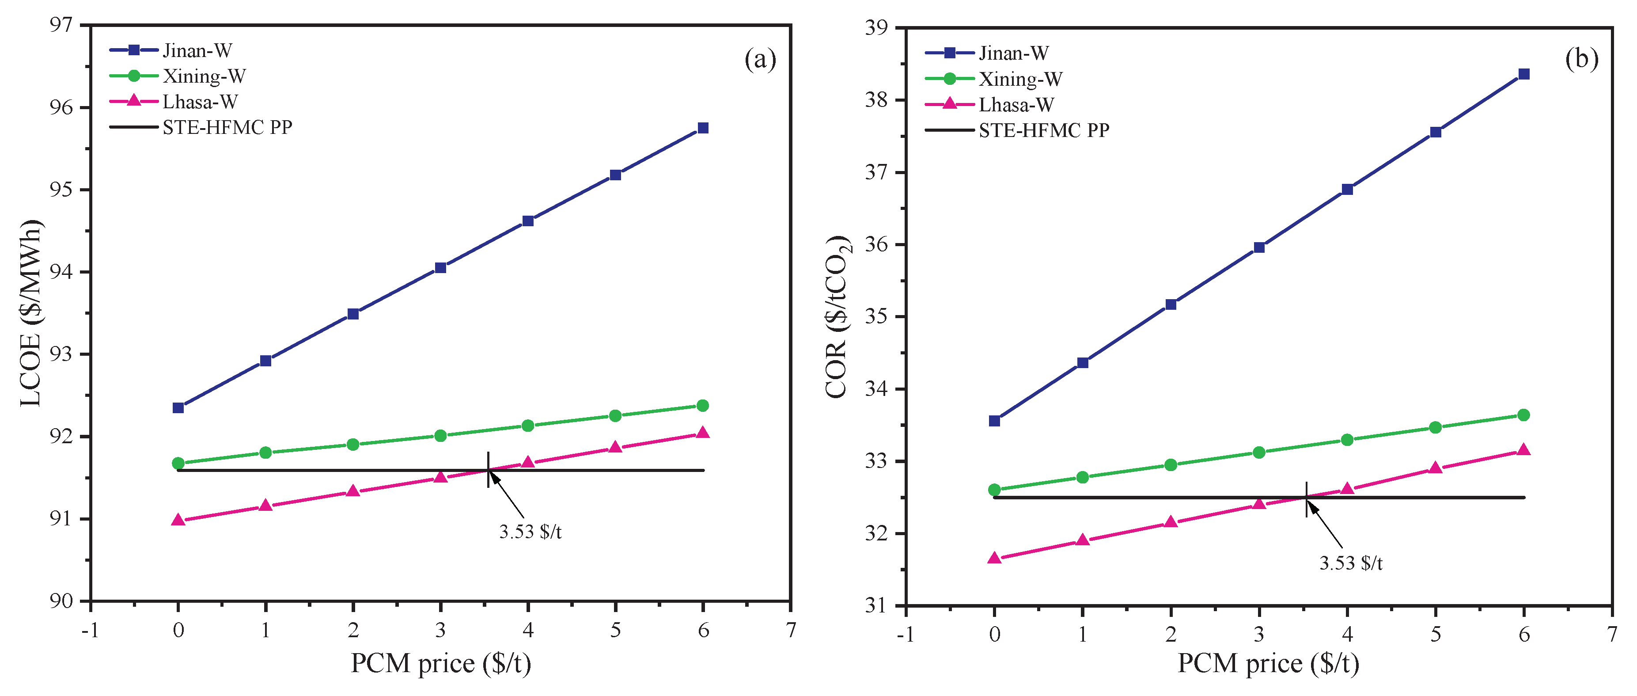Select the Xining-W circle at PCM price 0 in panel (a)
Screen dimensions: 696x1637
pyautogui.click(x=178, y=464)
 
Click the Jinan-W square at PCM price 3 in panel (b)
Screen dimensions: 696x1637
pyautogui.click(x=1259, y=247)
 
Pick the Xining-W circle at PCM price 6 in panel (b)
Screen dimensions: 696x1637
pyautogui.click(x=1523, y=415)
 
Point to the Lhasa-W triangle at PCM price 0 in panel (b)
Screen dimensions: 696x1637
pyautogui.click(x=995, y=559)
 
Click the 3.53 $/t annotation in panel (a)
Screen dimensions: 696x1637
pyautogui.click(x=530, y=532)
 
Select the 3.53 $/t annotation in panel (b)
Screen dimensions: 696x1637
pyautogui.click(x=1350, y=563)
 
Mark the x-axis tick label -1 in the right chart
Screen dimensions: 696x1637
pyautogui.click(x=905, y=634)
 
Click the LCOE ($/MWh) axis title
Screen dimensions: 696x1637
pyautogui.click(x=30, y=313)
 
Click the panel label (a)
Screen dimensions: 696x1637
pyautogui.click(x=760, y=59)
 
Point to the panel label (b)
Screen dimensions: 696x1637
pyautogui.click(x=1581, y=58)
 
